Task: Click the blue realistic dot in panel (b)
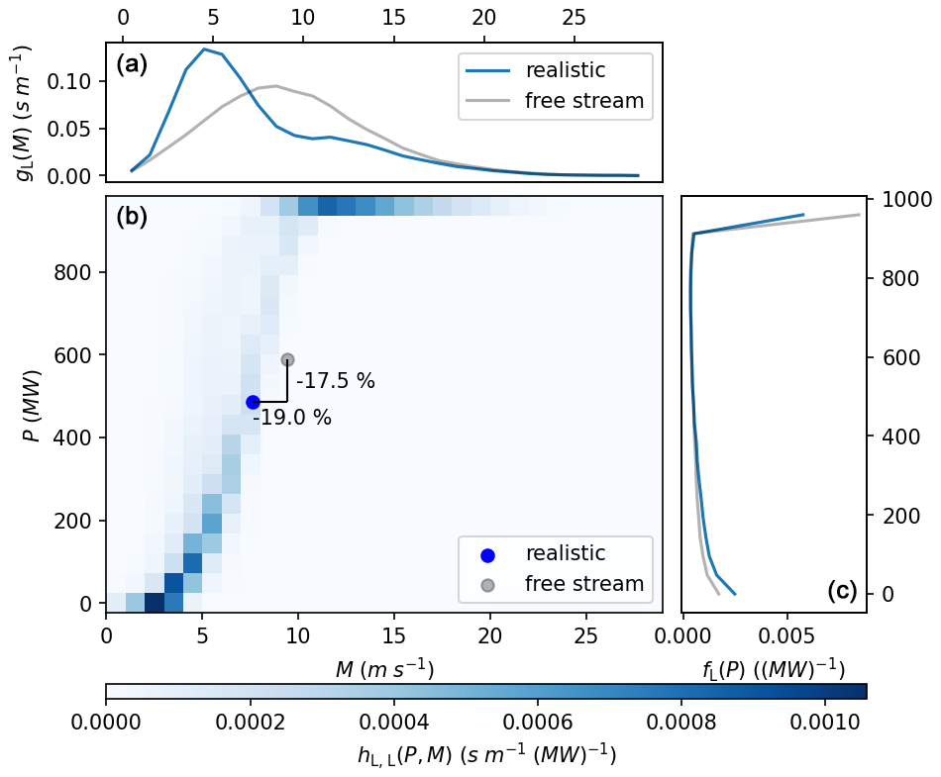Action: point(253,402)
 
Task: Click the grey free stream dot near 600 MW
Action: point(287,359)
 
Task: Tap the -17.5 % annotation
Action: point(336,381)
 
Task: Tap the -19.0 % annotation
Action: point(292,418)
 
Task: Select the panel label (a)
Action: point(132,65)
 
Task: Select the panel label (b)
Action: point(132,218)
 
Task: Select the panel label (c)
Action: point(841,591)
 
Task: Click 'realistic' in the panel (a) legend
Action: point(565,70)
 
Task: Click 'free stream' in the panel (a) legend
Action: point(584,100)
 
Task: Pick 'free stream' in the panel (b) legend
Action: point(584,583)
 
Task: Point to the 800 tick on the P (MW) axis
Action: point(79,272)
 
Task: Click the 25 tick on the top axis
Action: point(575,18)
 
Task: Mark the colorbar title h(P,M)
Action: point(486,756)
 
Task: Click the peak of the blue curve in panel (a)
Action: point(204,49)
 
